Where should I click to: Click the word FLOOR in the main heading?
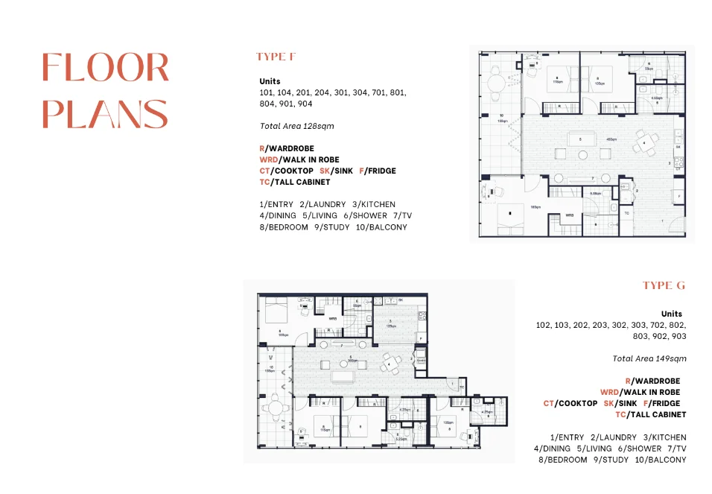[x=105, y=68]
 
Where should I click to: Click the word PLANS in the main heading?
[x=105, y=113]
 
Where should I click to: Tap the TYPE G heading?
[x=664, y=285]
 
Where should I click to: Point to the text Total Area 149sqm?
[x=649, y=358]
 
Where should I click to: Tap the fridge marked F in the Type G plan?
[x=421, y=338]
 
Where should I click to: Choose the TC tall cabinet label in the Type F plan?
[x=626, y=213]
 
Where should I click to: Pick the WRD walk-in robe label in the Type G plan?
[x=333, y=319]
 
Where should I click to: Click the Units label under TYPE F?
[x=270, y=82]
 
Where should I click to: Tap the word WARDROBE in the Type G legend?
[x=659, y=381]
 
